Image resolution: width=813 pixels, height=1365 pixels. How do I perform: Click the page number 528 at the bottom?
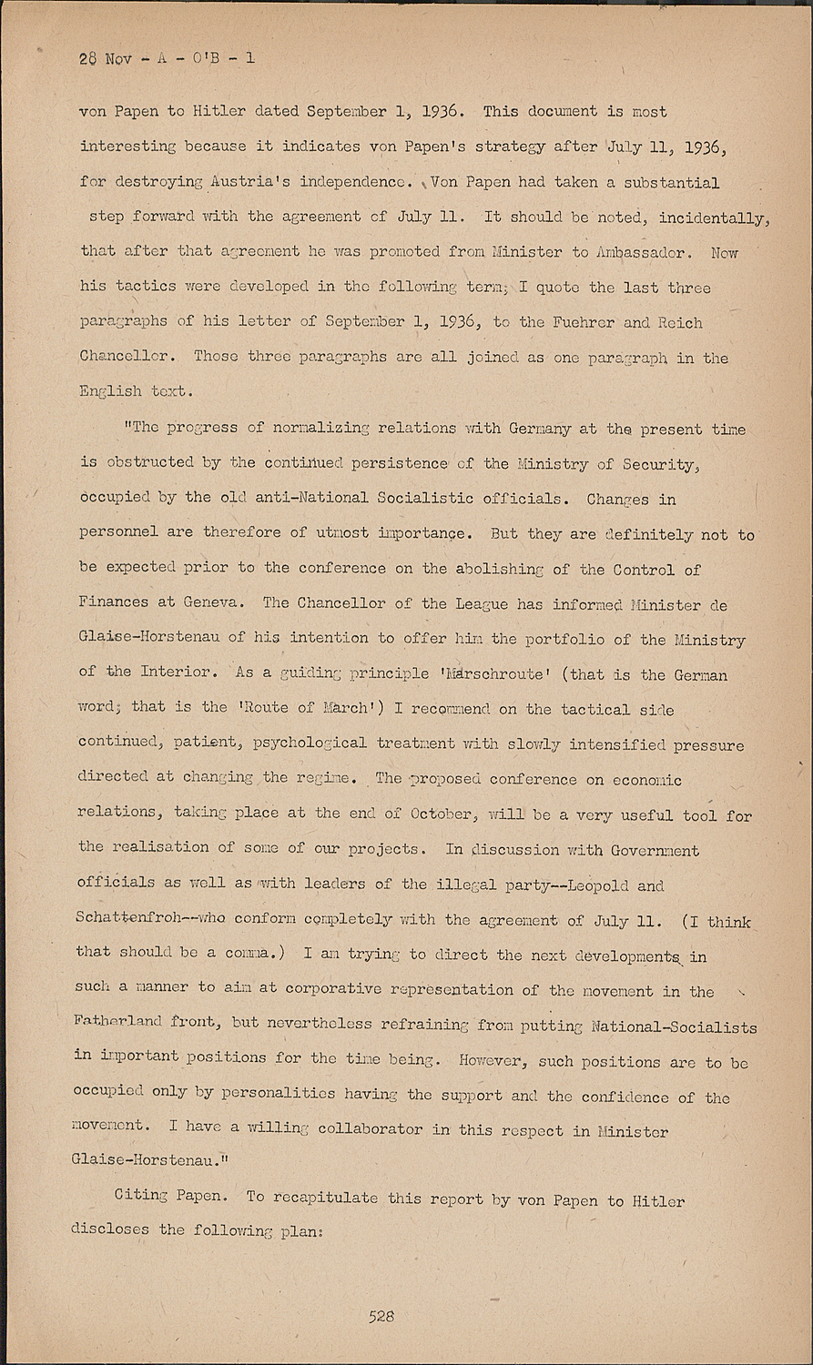tap(381, 1316)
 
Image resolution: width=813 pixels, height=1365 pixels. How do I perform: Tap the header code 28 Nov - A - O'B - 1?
tap(167, 58)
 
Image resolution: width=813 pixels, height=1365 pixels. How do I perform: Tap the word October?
tap(441, 814)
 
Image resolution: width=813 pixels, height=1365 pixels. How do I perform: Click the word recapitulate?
tap(324, 1198)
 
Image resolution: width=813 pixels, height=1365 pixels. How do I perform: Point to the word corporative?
tap(332, 989)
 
